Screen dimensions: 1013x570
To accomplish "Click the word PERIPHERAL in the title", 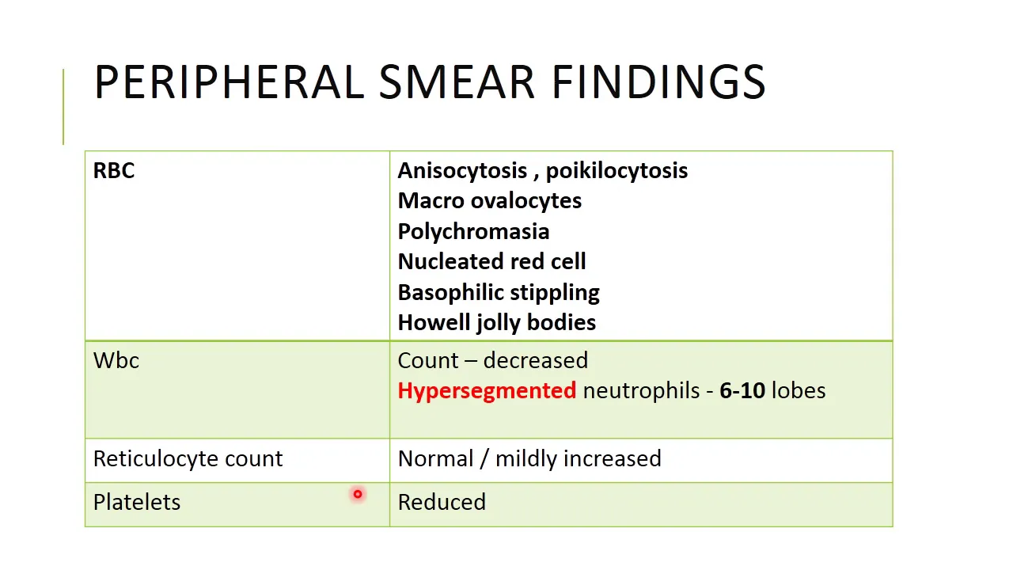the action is [x=230, y=82].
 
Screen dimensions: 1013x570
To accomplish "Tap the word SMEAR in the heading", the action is [x=457, y=82].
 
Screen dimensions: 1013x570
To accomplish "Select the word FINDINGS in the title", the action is [x=658, y=82].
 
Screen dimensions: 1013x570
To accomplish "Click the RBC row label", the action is [x=114, y=170].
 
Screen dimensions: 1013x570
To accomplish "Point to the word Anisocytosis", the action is [x=462, y=171].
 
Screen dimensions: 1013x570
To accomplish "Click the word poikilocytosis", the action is [x=617, y=171].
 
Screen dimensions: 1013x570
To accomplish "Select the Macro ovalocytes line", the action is [x=490, y=201].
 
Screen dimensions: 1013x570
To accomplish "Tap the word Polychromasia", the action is [x=473, y=232].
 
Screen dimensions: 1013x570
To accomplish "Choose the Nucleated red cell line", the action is [x=492, y=261].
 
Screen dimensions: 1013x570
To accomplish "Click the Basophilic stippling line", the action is [x=499, y=293].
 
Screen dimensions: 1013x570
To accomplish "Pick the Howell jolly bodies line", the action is [x=497, y=323].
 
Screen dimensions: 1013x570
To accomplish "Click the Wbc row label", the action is [x=116, y=360].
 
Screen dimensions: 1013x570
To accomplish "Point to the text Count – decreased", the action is [x=493, y=360].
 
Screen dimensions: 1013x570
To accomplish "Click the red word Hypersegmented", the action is [x=487, y=391].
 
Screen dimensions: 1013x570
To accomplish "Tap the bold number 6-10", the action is [x=742, y=391].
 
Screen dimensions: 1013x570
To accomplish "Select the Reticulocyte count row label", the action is [x=188, y=459].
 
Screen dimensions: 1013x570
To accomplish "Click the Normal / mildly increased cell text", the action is [x=529, y=458].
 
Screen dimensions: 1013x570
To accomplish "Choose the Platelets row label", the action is [x=137, y=502].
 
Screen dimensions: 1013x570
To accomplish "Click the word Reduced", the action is [x=442, y=502].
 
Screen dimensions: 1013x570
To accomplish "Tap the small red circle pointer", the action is [x=358, y=495].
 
